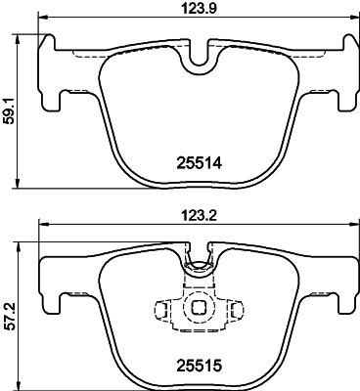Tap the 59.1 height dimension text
(9, 109)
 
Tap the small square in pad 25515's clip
(199, 308)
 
